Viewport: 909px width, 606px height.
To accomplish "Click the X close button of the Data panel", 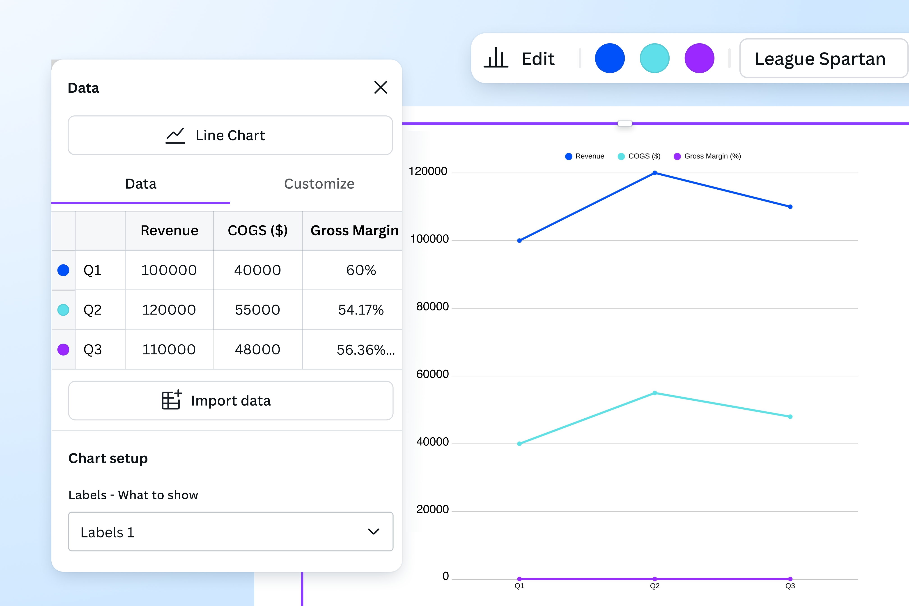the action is coord(381,87).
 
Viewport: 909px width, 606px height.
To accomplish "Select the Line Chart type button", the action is coord(230,135).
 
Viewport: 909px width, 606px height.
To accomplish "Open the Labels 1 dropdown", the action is coord(231,532).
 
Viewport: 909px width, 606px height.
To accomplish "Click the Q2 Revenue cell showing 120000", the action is coord(169,310).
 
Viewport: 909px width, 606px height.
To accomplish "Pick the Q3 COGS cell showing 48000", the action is coord(258,349).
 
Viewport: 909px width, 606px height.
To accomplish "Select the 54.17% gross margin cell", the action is coord(360,310).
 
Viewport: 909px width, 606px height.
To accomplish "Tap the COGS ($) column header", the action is coord(258,230).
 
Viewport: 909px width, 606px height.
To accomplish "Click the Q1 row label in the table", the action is coord(93,270).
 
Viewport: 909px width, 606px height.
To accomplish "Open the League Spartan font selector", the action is coord(823,58).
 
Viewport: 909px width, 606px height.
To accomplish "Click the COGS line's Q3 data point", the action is coord(790,417).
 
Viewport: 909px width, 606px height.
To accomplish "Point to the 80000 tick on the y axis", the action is coord(432,306).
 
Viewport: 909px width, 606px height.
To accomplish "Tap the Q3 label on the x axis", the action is coord(790,586).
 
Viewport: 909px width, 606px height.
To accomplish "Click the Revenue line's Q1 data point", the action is coord(519,240).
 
